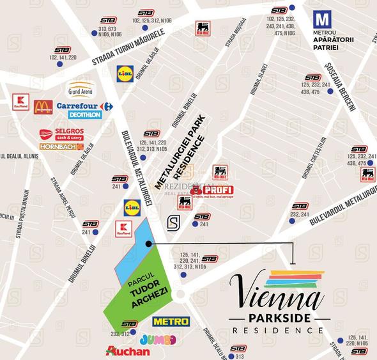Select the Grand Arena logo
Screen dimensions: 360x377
pos(81,88)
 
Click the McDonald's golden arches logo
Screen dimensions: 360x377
pos(43,106)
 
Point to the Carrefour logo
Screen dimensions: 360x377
pos(84,106)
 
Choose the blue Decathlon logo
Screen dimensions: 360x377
pos(84,115)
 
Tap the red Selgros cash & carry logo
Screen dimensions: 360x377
pos(62,134)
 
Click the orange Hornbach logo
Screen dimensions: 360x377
pos(61,146)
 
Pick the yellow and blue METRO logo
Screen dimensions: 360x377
pos(171,321)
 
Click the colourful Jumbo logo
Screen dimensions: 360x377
pos(157,339)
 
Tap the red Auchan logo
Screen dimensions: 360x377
pos(128,351)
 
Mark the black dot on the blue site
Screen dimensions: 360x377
pos(148,244)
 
